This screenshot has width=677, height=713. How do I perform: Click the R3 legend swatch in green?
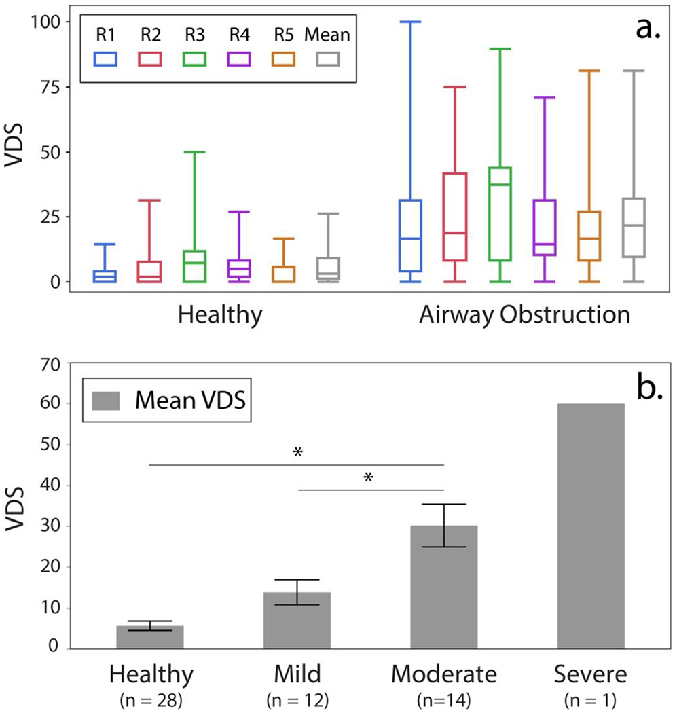coord(195,59)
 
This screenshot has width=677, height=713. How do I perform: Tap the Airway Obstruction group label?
coord(524,315)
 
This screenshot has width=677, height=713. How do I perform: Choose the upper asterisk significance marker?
coord(297,452)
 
